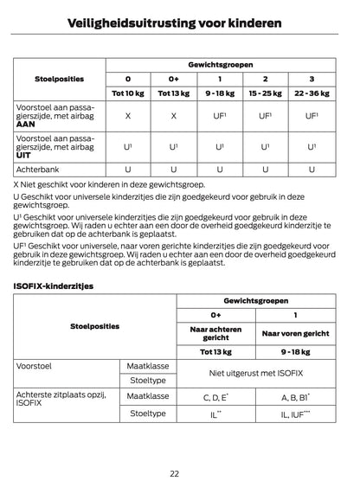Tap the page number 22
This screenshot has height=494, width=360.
(x=179, y=473)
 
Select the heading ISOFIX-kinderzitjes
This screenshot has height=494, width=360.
(x=54, y=284)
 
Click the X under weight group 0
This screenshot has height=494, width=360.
(x=128, y=115)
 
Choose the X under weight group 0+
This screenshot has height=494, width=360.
(x=174, y=115)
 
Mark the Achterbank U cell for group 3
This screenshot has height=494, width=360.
(x=312, y=170)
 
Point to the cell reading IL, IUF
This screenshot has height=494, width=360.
(x=296, y=414)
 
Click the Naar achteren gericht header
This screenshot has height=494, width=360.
(x=215, y=333)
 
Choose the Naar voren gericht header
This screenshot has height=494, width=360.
(x=296, y=333)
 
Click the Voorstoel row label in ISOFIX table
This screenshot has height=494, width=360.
(x=35, y=366)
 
